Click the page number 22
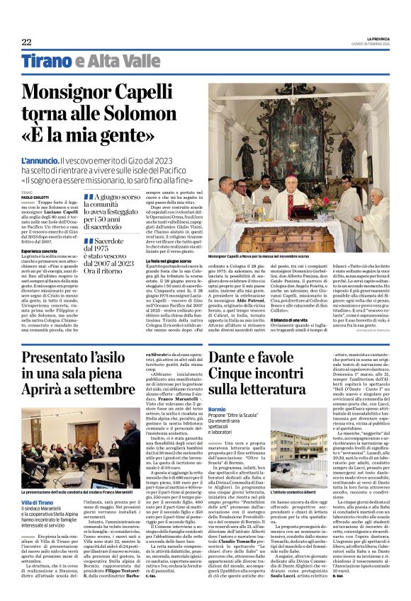tap(26, 42)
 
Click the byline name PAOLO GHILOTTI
tap(35, 196)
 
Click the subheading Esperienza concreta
tap(40, 252)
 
